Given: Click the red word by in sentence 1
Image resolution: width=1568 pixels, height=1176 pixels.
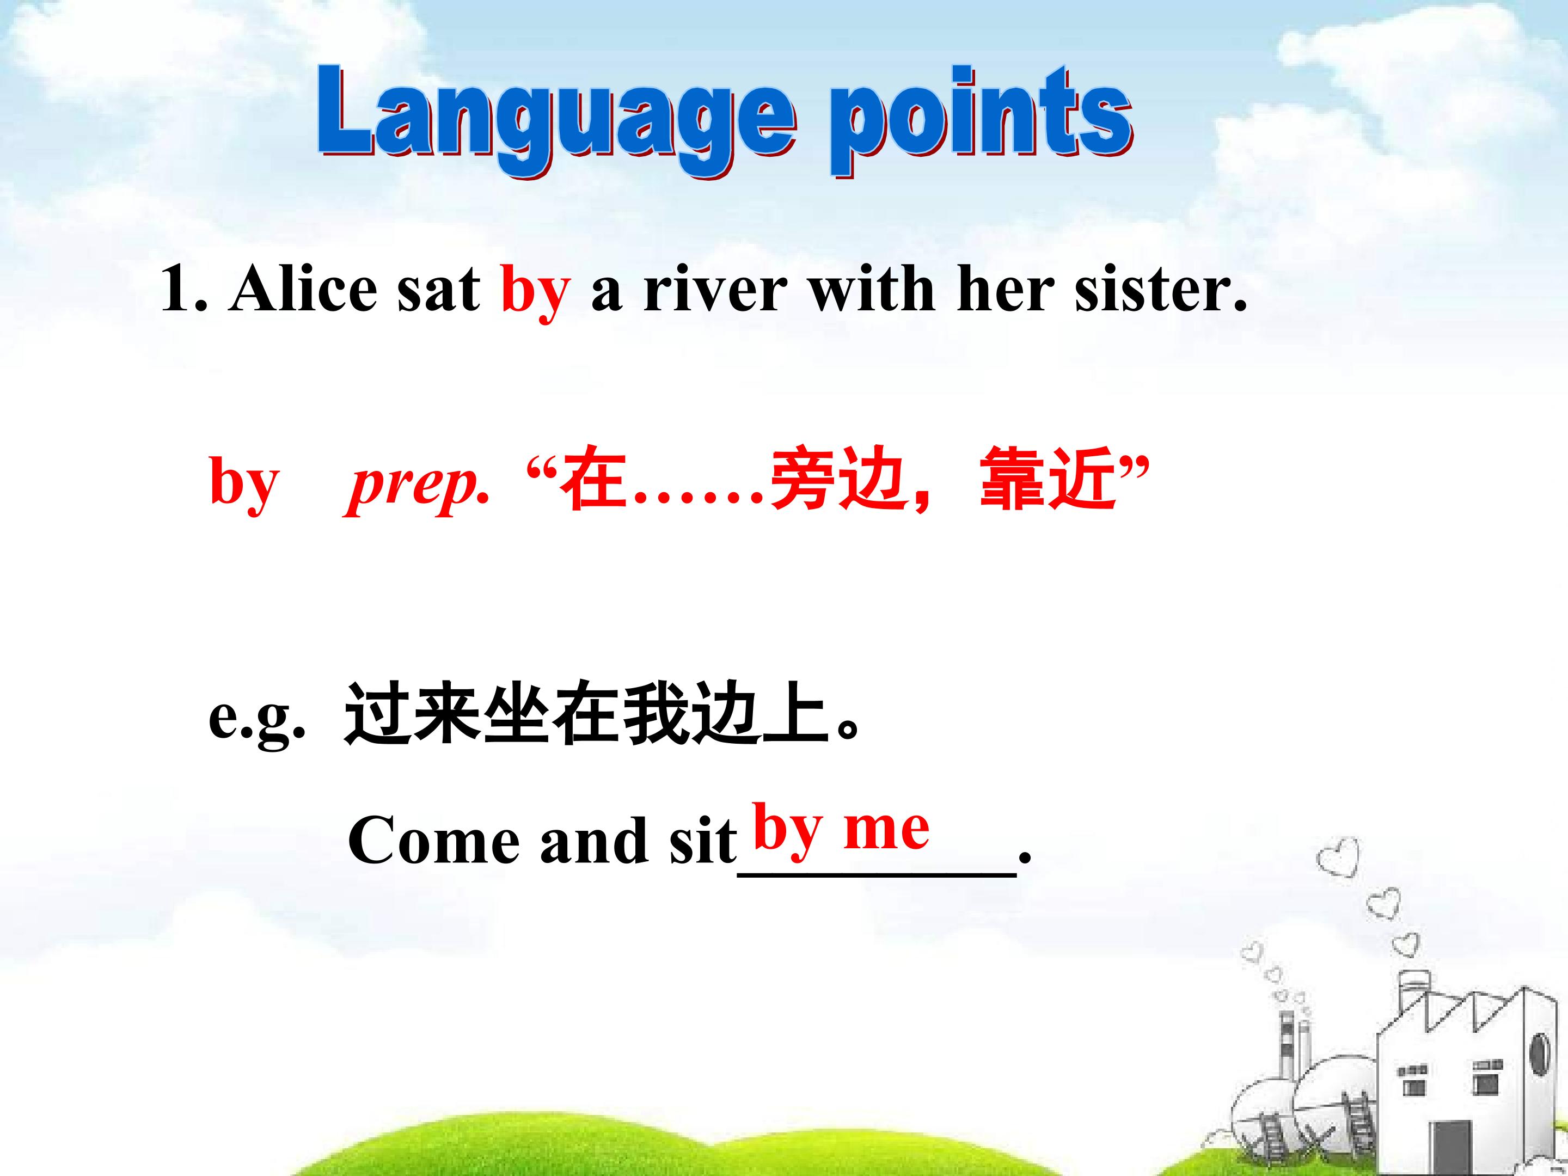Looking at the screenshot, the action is click(535, 293).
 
